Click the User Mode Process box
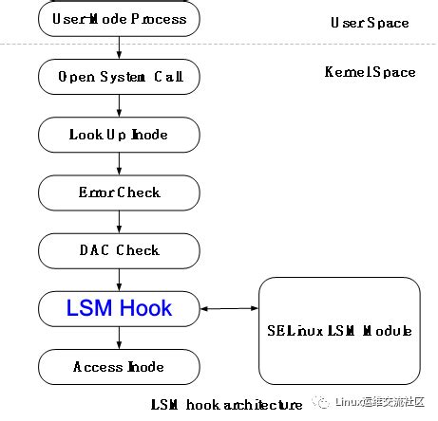[119, 18]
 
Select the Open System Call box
[119, 76]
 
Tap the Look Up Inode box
[119, 134]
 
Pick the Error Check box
[119, 192]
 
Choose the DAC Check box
[119, 250]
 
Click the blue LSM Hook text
[119, 308]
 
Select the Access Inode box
[119, 367]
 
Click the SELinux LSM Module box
[339, 330]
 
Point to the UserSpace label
[369, 22]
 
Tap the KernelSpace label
[369, 72]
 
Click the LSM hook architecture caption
[226, 405]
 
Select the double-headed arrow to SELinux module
[229, 308]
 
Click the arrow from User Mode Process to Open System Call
[119, 46]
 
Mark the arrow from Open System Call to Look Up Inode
[119, 104]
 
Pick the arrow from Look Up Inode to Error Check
[119, 163]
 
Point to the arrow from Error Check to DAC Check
[119, 221]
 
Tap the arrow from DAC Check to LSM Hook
[119, 279]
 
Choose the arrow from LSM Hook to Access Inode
[119, 338]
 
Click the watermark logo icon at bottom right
[321, 402]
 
